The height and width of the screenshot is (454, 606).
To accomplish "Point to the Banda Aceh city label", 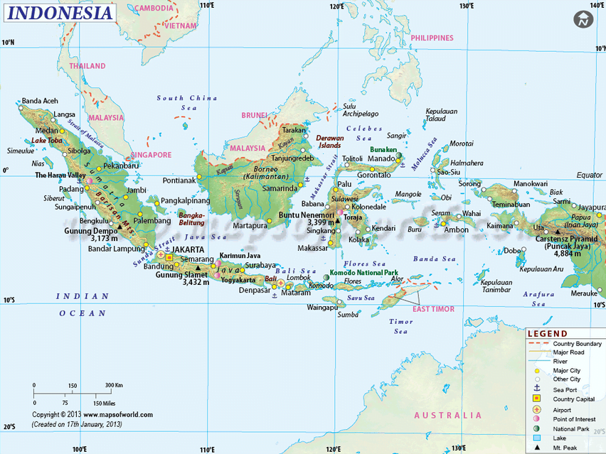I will click(40, 101).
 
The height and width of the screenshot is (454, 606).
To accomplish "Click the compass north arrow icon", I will click(584, 21).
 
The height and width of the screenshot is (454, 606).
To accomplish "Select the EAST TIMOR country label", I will click(433, 309).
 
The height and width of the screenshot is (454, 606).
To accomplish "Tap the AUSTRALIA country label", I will click(447, 415).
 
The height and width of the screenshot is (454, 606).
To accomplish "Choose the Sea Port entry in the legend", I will click(566, 389).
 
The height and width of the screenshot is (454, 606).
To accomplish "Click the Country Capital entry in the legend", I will click(572, 399).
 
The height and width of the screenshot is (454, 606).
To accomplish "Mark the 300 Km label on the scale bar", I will click(114, 385).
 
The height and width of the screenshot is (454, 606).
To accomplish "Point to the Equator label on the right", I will click(589, 175).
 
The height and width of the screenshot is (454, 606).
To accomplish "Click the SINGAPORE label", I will click(150, 154).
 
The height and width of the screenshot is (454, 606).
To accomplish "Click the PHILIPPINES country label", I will click(432, 38).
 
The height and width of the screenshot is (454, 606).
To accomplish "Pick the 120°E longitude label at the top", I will click(336, 6).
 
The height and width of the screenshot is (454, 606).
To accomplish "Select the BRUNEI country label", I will click(254, 114).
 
